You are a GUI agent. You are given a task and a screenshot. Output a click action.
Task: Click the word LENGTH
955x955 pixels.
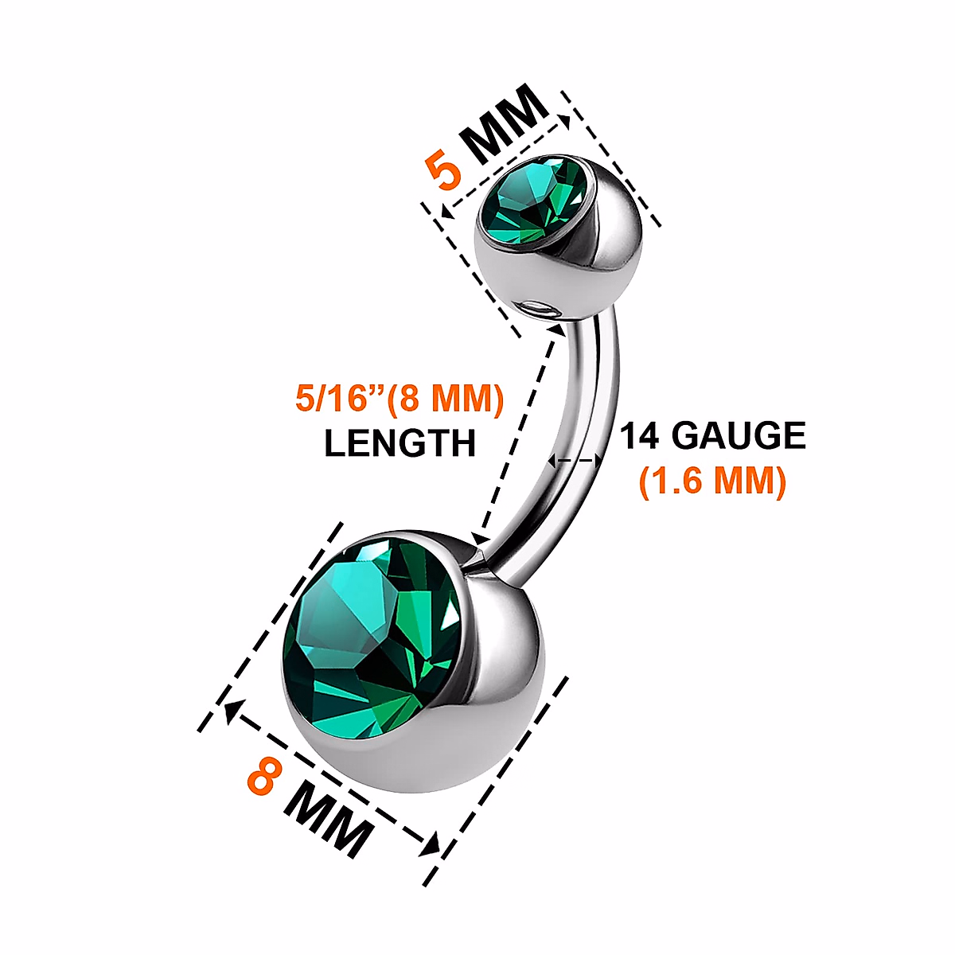(x=400, y=443)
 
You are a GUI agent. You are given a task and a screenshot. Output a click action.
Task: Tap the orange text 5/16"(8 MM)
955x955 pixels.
(x=400, y=398)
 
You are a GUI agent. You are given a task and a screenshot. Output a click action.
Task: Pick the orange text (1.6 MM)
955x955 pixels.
(x=713, y=481)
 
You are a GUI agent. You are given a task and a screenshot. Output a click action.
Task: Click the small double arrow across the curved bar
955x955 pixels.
(x=575, y=461)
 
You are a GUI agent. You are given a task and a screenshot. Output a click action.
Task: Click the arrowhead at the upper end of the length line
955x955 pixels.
(x=556, y=327)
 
